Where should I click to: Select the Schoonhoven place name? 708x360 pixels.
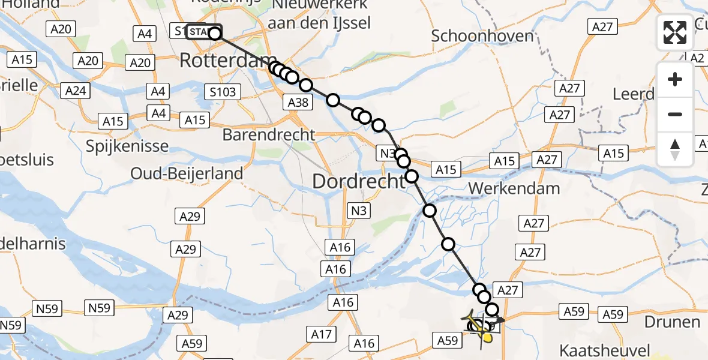click(x=482, y=36)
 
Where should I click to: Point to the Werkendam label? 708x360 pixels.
click(x=514, y=188)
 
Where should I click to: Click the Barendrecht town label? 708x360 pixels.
click(x=268, y=134)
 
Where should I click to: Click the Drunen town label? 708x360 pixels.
click(x=673, y=322)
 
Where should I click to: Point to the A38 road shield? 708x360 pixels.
click(x=298, y=103)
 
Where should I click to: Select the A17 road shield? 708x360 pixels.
click(x=322, y=334)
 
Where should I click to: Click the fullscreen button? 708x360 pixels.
click(x=675, y=32)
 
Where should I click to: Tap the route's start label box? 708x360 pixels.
click(x=203, y=31)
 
